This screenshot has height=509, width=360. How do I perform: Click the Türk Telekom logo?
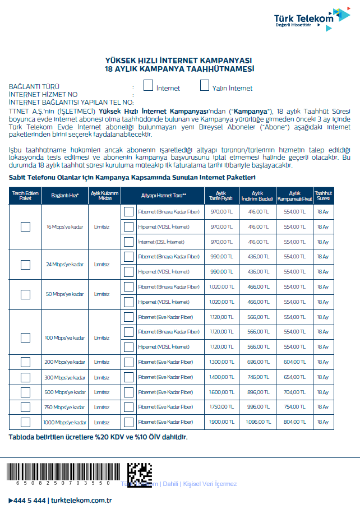311,18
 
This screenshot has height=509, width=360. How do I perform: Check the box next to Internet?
149,86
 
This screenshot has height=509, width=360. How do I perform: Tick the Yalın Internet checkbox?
205,86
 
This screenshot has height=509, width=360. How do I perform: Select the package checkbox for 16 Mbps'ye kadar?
25,226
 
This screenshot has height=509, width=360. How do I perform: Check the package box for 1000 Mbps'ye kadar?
25,422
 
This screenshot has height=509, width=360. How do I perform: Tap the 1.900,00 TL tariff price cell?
221,422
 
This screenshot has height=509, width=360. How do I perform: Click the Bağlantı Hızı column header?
65,196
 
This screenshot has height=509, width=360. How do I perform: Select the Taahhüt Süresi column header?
322,196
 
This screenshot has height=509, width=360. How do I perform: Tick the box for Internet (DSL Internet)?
129,242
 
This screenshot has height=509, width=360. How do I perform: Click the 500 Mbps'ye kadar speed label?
65,392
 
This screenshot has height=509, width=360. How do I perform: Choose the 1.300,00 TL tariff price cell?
221,362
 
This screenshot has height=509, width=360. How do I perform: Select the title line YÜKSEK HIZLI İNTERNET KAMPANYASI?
179,60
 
